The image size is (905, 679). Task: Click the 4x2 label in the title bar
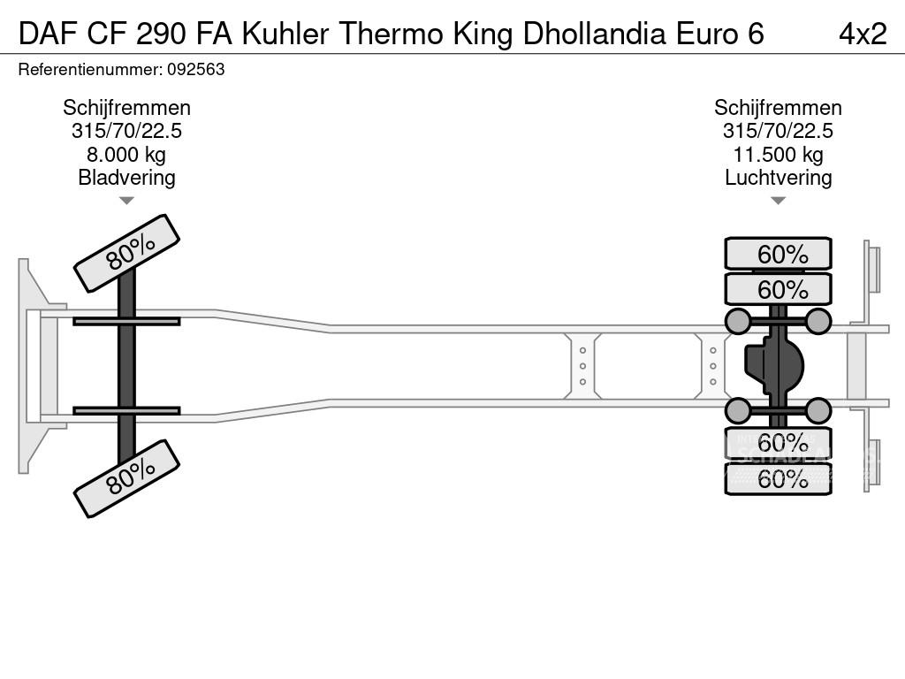pos(862,33)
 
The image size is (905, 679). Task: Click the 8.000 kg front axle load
pos(126,155)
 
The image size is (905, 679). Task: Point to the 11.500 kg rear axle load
pos(778,155)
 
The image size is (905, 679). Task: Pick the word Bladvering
pos(126,178)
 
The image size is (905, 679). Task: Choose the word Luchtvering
pos(778,178)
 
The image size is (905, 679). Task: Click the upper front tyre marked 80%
pos(126,253)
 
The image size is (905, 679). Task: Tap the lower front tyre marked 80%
pos(126,479)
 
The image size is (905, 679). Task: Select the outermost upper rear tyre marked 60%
pos(778,254)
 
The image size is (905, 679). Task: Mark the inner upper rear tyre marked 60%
pos(778,289)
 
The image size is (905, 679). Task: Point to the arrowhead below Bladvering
pos(126,201)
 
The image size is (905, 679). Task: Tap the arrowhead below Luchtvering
pos(778,201)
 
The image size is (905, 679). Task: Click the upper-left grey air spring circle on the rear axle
pos(737,321)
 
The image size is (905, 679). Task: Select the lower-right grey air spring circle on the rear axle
pos(818,410)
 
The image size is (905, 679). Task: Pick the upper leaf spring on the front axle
pos(126,321)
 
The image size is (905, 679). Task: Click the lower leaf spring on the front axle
pos(126,410)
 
